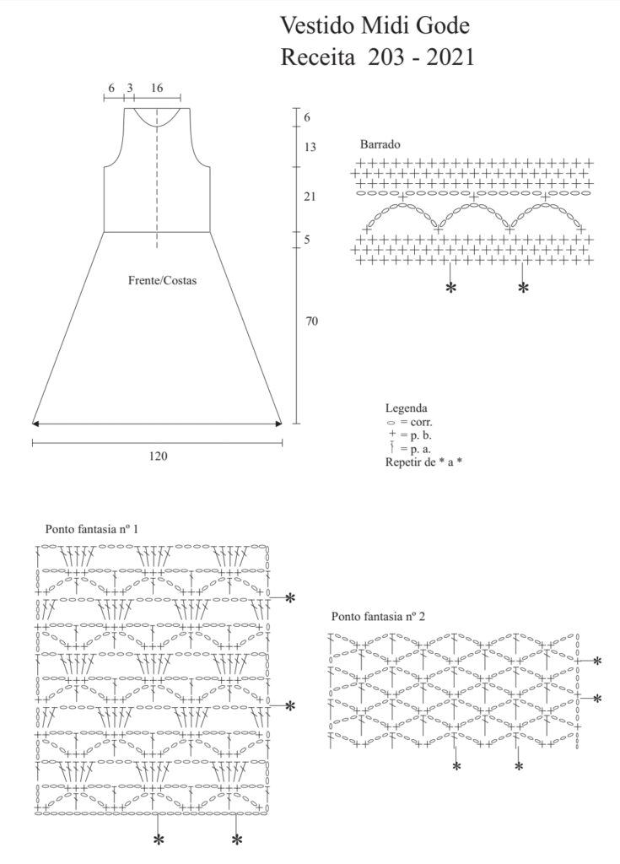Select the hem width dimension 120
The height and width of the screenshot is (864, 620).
tap(158, 456)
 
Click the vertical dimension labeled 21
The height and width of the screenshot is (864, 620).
tap(310, 197)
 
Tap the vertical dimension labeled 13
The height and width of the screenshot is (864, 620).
tap(310, 148)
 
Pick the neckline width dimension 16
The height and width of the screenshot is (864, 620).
tap(158, 88)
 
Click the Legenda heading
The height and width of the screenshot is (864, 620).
tap(406, 408)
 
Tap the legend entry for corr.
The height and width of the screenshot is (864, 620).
tap(409, 422)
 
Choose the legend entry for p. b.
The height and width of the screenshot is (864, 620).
tap(409, 435)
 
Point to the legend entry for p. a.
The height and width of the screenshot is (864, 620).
tap(409, 449)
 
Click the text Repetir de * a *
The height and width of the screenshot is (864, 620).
tap(423, 462)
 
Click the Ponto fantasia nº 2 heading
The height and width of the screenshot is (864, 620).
tap(377, 617)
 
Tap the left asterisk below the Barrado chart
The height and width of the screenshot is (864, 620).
tap(450, 289)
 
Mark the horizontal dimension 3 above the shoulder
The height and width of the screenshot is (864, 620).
tap(129, 88)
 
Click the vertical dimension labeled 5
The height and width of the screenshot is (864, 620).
tap(307, 240)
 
